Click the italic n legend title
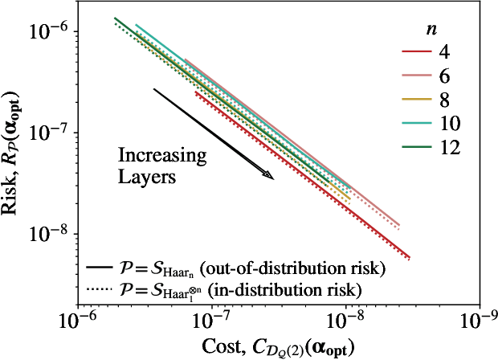431,29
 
